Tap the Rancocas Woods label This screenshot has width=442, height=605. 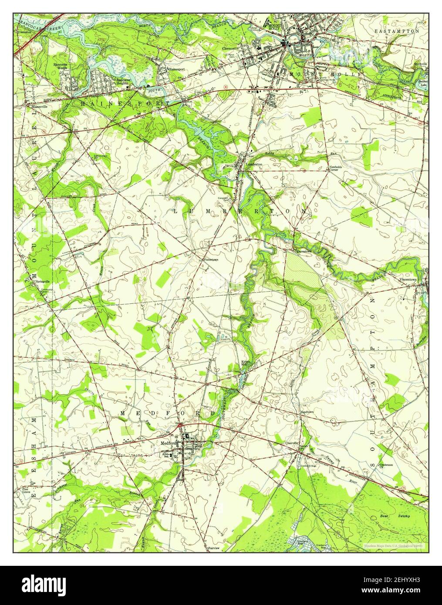pyautogui.click(x=61, y=66)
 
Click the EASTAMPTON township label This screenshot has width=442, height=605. pyautogui.click(x=397, y=32)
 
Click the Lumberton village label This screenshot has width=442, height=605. pyautogui.click(x=254, y=165)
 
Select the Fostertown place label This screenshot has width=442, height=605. pyautogui.click(x=211, y=259)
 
